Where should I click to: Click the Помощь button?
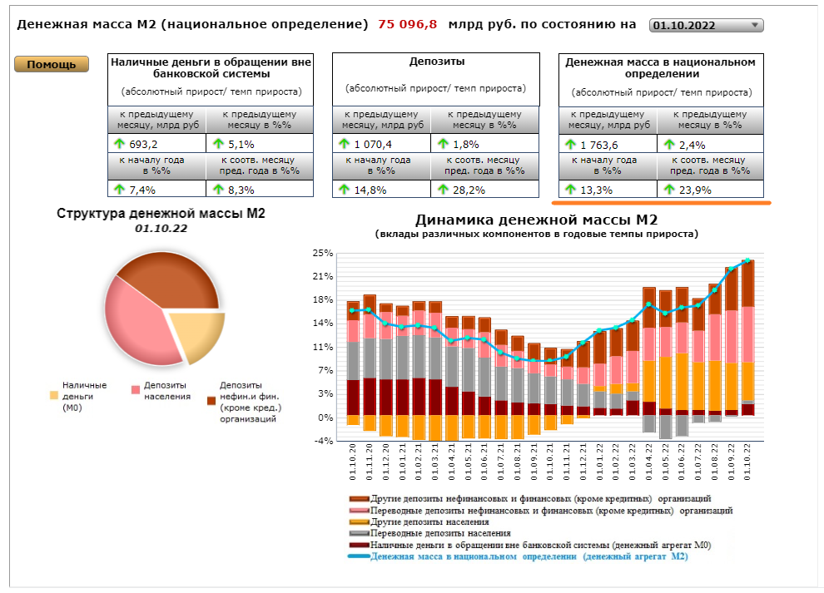tap(51, 65)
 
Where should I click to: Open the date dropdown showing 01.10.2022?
tap(706, 25)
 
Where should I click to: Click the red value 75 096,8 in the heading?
tap(407, 24)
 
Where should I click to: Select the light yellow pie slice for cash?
tap(201, 334)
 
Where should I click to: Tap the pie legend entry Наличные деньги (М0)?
tap(84, 396)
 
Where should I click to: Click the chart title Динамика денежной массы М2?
tap(536, 220)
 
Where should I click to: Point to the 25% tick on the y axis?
tap(322, 253)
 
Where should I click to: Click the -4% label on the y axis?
tap(322, 441)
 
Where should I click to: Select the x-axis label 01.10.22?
tap(747, 462)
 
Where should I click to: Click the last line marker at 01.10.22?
tap(747, 261)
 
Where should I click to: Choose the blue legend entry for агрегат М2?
tap(529, 556)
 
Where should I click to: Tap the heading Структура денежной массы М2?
tap(161, 214)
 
